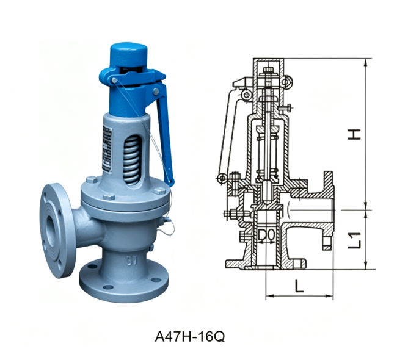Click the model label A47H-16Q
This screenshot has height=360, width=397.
coord(189,337)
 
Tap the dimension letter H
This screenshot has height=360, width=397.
coord(354,134)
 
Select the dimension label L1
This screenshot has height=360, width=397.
coord(354,240)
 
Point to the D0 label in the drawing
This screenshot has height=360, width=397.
coord(266,235)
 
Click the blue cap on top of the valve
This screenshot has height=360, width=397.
coord(129,55)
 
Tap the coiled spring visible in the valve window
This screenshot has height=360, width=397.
coord(131,159)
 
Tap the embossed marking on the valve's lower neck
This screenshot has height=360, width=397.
coord(131,261)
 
